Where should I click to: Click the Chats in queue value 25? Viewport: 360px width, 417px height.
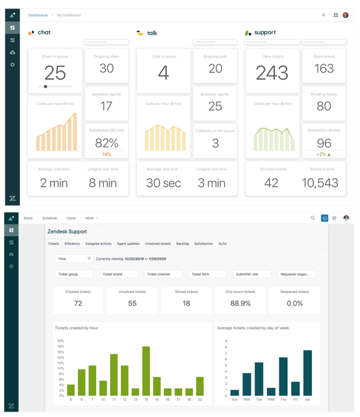pyautogui.click(x=55, y=73)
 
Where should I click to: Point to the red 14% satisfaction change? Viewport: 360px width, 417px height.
pyautogui.click(x=106, y=154)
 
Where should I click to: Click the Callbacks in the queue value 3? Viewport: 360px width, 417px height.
pyautogui.click(x=215, y=143)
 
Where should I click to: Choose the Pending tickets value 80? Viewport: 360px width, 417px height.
pyautogui.click(x=323, y=106)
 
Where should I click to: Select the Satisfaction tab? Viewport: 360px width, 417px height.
pyautogui.click(x=203, y=244)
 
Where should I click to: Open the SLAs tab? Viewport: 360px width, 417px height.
pyautogui.click(x=223, y=244)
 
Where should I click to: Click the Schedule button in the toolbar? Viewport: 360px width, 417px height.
pyautogui.click(x=49, y=218)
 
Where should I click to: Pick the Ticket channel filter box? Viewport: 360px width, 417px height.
pyautogui.click(x=163, y=274)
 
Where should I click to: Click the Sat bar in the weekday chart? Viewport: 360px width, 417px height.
pyautogui.click(x=307, y=372)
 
